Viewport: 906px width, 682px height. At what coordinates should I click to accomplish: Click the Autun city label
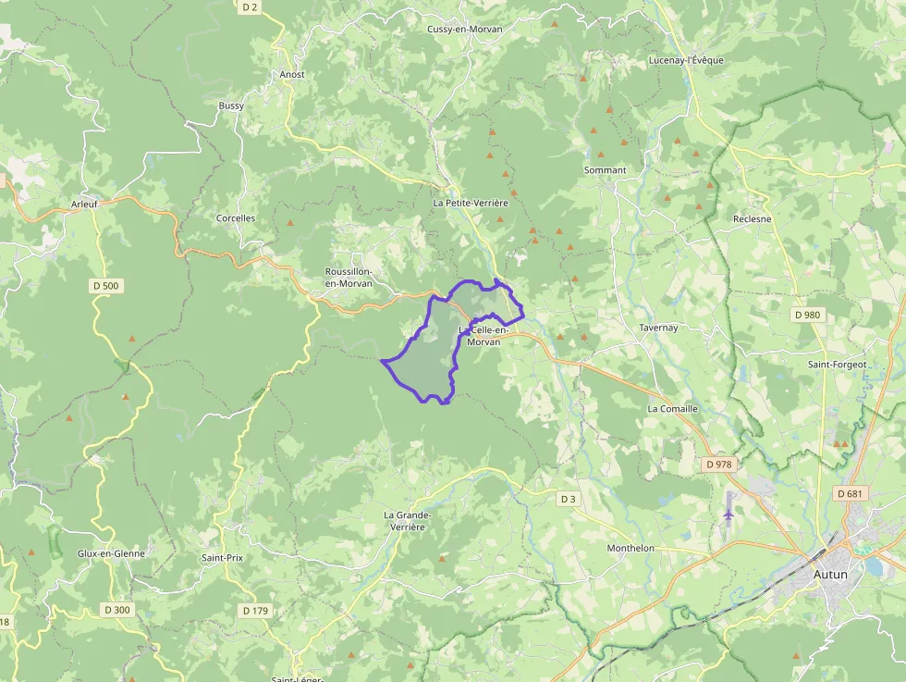829,574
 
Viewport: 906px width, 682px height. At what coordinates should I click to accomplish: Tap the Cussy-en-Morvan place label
465,30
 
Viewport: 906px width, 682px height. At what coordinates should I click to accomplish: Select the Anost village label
292,74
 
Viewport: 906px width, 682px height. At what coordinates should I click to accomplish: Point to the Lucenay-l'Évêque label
686,60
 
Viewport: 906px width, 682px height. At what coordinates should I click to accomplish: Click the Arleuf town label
84,205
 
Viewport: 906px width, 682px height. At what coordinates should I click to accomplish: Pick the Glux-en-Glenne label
111,553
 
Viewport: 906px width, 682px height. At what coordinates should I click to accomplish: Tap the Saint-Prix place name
222,558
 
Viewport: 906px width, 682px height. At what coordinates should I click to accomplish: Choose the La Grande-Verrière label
408,520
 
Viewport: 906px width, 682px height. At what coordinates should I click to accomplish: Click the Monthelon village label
631,548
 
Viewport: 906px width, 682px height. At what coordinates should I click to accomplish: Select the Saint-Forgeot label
838,365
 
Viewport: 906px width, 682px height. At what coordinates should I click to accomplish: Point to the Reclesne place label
752,219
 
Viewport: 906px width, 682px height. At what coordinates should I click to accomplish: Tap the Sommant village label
605,170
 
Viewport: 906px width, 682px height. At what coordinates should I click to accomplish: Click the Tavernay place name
658,328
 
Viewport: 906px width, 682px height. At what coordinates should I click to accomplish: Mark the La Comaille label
672,408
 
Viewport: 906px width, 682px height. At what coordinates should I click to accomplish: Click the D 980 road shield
807,315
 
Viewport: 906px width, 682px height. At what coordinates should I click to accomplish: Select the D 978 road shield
718,464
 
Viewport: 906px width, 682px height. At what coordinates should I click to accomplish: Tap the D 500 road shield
106,286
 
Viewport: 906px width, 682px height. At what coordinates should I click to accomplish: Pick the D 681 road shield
850,493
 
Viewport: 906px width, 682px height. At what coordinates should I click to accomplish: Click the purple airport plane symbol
729,512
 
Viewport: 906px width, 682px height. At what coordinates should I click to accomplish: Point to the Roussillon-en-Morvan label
349,277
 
